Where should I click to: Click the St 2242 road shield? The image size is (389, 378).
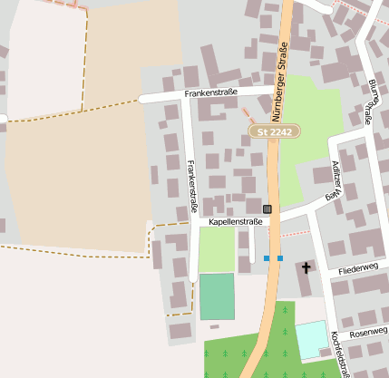[275, 131]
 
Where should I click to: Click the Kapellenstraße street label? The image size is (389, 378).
[235, 221]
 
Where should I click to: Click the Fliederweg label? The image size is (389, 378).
[356, 269]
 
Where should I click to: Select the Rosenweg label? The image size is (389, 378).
[368, 330]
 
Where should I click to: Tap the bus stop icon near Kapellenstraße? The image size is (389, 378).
[267, 209]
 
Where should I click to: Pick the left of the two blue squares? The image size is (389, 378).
[267, 258]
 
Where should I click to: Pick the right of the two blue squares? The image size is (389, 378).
[280, 258]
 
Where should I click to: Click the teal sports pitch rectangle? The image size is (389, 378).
[217, 296]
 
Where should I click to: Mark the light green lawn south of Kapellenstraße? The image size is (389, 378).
[217, 248]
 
